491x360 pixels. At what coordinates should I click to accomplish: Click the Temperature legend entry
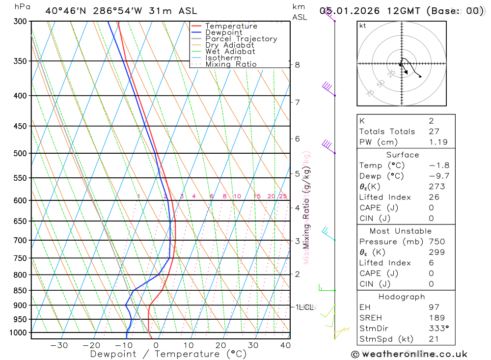click(x=231, y=26)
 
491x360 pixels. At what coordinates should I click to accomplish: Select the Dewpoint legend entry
click(x=223, y=32)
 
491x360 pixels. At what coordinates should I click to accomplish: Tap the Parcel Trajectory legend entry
click(x=241, y=39)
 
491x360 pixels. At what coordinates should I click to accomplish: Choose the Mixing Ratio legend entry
click(x=231, y=64)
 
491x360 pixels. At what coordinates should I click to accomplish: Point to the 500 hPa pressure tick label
click(x=20, y=153)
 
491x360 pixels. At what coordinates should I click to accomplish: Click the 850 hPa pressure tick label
click(x=20, y=290)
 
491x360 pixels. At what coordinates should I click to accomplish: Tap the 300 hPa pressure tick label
click(x=20, y=22)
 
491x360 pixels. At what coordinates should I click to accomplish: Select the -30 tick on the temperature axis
click(x=59, y=345)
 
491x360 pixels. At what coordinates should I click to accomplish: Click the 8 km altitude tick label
click(x=297, y=64)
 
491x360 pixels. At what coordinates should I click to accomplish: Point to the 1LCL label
click(x=304, y=307)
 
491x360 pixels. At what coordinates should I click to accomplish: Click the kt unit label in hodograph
click(x=363, y=26)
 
